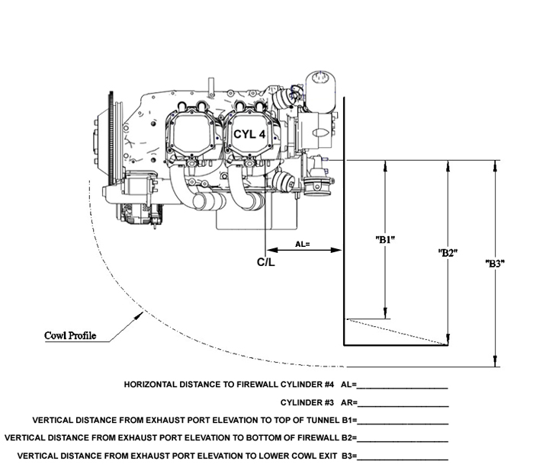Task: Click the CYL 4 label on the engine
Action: coord(249,134)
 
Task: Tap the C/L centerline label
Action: coord(266,262)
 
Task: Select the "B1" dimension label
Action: coord(385,240)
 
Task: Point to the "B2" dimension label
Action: coord(448,253)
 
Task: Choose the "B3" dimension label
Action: coord(495,263)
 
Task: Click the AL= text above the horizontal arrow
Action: coord(303,245)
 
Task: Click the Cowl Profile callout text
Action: coord(70,335)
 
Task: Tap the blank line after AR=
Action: coord(403,406)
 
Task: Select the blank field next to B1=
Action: coord(403,424)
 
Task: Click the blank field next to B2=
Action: coord(403,441)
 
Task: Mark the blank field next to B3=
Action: coord(403,459)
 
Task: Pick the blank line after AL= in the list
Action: coord(403,388)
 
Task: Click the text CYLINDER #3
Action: coord(307,403)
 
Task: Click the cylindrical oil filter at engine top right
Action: coord(320,91)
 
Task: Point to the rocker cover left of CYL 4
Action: coord(192,133)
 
